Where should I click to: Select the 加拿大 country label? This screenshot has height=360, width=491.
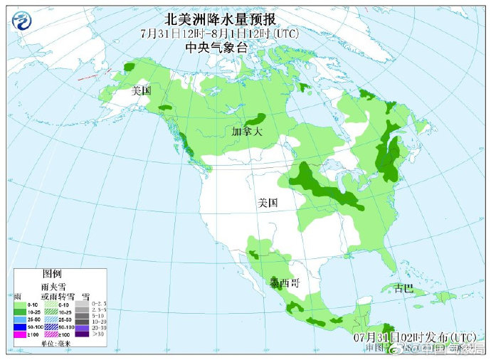pos(247,132)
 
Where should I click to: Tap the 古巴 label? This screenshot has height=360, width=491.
pos(403,288)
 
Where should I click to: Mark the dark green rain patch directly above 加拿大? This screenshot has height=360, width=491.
pos(258,118)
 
